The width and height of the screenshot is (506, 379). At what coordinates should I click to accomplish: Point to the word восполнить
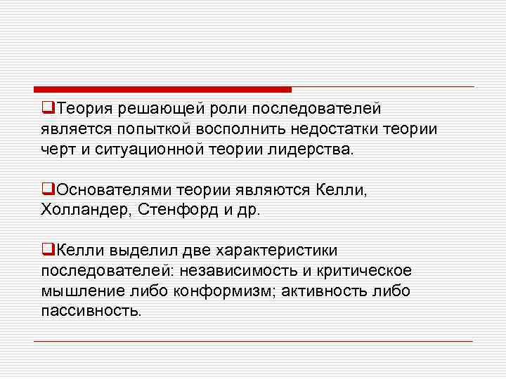pos(235,129)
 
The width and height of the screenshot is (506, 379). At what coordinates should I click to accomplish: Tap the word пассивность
pos(91,310)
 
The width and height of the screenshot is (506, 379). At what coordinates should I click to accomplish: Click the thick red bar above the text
pos(162,89)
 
